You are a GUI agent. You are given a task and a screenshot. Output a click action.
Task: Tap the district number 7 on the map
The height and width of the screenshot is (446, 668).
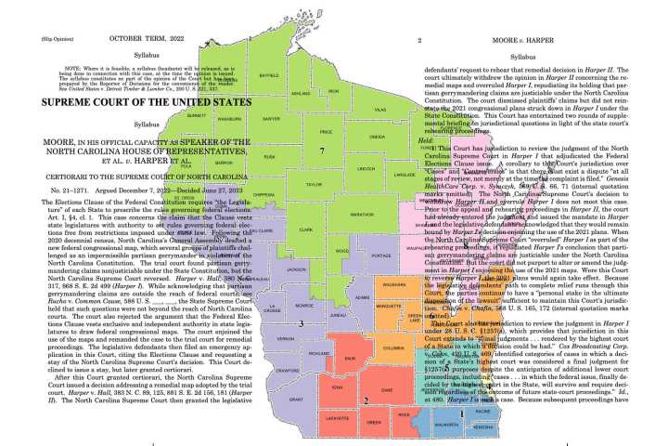(x=321, y=151)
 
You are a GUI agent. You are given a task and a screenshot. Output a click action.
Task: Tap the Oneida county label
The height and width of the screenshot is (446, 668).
(x=351, y=137)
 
